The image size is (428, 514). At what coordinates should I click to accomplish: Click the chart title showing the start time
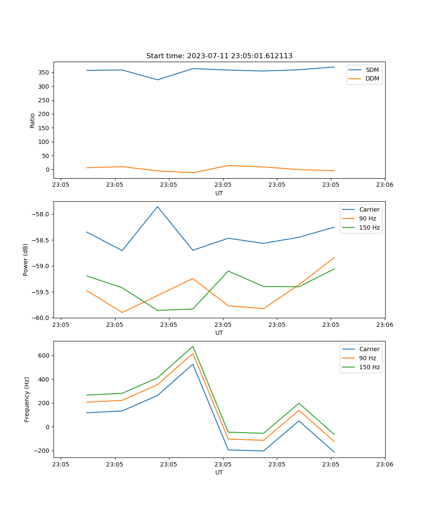pyautogui.click(x=219, y=56)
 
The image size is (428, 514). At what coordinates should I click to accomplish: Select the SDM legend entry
pyautogui.click(x=372, y=70)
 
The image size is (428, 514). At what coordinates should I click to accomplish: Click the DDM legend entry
pyautogui.click(x=372, y=78)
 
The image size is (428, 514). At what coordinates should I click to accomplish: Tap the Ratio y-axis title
pyautogui.click(x=33, y=120)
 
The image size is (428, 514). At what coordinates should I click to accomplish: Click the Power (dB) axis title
pyautogui.click(x=26, y=260)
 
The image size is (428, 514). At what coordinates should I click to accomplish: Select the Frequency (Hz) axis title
pyautogui.click(x=27, y=399)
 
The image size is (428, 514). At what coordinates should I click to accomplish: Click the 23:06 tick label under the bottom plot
pyautogui.click(x=384, y=464)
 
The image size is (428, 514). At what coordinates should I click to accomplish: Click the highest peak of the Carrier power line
pyautogui.click(x=158, y=206)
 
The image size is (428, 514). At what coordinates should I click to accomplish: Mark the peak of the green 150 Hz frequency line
pyautogui.click(x=193, y=346)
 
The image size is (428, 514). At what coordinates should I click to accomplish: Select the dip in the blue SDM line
pyautogui.click(x=158, y=80)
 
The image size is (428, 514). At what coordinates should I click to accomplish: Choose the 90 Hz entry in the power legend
pyautogui.click(x=367, y=218)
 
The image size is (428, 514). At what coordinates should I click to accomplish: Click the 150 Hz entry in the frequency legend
pyautogui.click(x=369, y=367)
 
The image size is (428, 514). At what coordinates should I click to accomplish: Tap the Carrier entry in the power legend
pyautogui.click(x=369, y=209)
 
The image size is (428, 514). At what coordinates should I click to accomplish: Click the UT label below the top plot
pyautogui.click(x=219, y=193)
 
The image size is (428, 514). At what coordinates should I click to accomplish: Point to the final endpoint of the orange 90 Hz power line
pyautogui.click(x=334, y=257)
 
